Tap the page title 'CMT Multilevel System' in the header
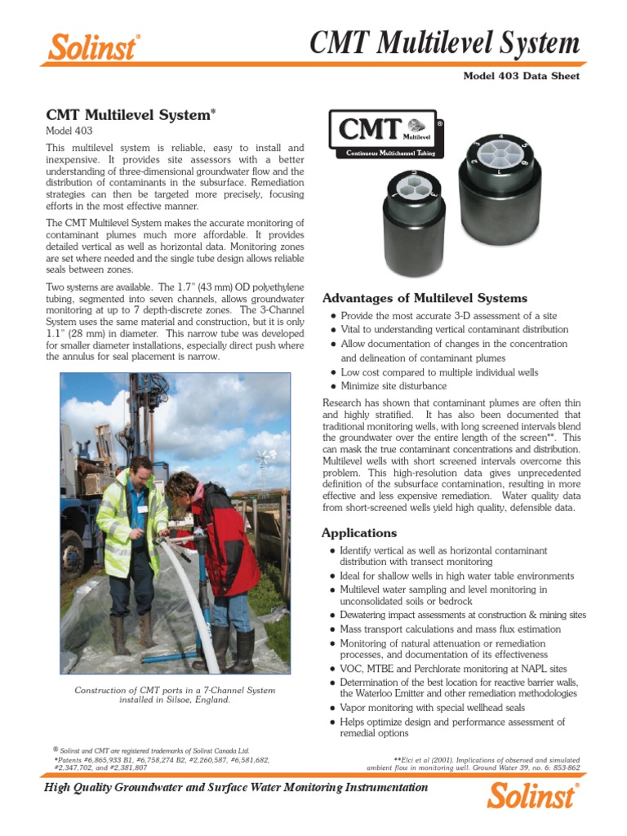[x=446, y=42]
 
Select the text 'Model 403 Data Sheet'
[x=522, y=76]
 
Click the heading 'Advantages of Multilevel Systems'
[x=425, y=298]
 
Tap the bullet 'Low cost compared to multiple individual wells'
[x=439, y=372]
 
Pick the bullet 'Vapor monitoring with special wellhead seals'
[x=432, y=708]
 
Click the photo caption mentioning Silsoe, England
[x=176, y=695]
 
